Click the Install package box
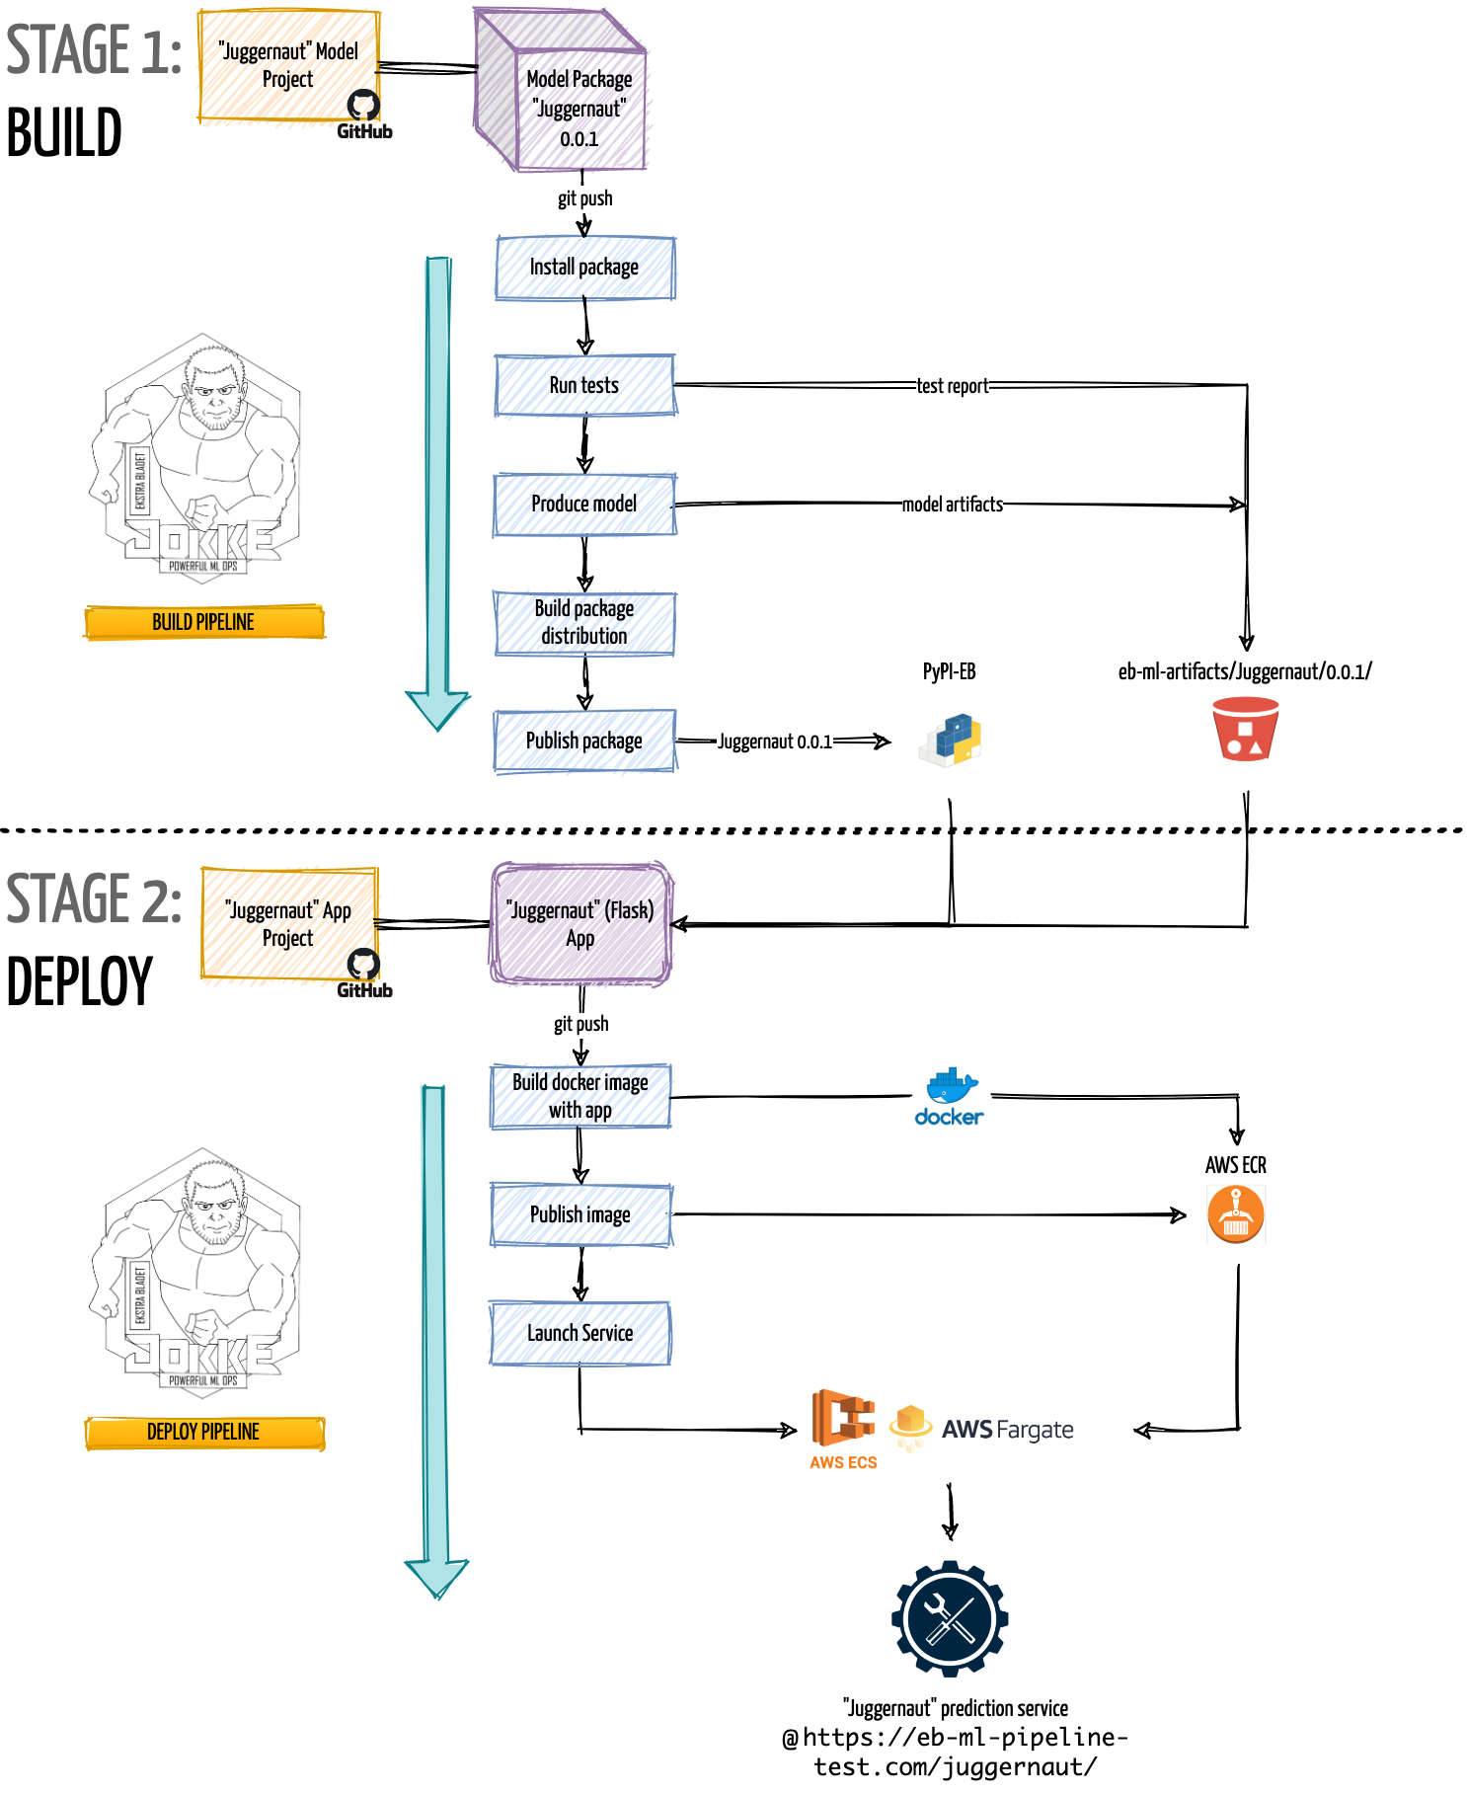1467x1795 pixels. [584, 268]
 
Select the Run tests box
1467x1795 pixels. [584, 385]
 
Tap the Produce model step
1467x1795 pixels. [584, 505]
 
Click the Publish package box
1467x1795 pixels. [584, 741]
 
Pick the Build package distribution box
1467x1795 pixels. [584, 622]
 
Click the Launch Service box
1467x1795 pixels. [580, 1333]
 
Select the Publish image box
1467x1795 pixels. [580, 1214]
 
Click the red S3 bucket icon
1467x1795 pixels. [1245, 730]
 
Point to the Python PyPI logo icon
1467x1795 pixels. [951, 740]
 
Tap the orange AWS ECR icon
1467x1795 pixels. [1235, 1214]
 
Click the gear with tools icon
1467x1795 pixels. [950, 1618]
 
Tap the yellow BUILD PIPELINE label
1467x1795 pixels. [204, 622]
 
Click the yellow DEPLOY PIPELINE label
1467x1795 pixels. [204, 1432]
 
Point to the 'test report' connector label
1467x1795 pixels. [952, 386]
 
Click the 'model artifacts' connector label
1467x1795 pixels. [952, 505]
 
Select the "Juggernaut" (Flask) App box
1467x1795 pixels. [580, 924]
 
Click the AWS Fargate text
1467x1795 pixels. [1007, 1430]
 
